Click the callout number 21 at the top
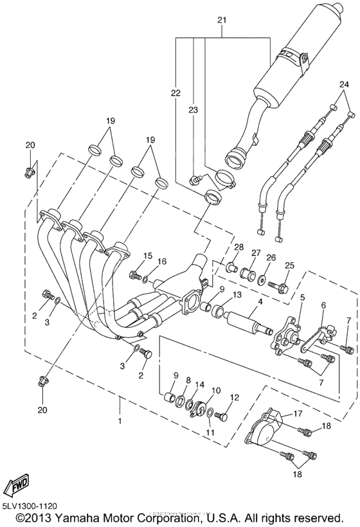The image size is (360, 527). click(222, 21)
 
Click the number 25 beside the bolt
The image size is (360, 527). click(289, 265)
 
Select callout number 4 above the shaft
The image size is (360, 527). click(260, 301)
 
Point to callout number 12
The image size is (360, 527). click(233, 398)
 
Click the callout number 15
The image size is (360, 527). click(148, 256)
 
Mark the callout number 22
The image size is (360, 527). click(175, 94)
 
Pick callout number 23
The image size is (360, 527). click(192, 110)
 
